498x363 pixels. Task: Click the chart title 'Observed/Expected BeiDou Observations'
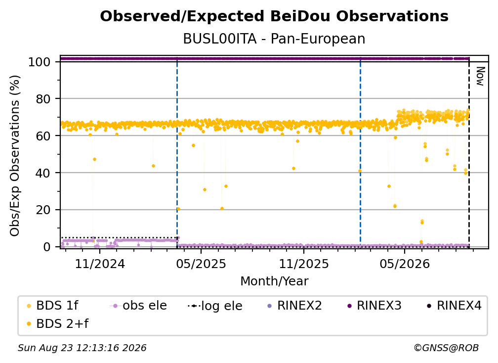tap(274, 16)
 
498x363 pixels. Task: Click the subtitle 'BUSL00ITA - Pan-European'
tap(274, 39)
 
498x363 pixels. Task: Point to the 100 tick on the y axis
tap(40, 62)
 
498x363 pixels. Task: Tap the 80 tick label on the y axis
tap(43, 99)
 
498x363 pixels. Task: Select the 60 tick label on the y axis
tap(43, 136)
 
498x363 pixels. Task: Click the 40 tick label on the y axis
tap(43, 173)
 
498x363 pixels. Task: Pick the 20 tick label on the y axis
tap(43, 210)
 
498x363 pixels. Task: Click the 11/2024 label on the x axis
tap(100, 264)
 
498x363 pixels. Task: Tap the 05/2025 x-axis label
tap(201, 264)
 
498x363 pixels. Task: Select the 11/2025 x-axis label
tap(304, 264)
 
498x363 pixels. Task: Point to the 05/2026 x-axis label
tap(405, 264)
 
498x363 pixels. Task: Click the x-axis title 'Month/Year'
tap(274, 281)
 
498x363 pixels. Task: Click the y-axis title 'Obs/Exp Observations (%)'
tap(15, 156)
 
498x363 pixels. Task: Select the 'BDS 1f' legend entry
tap(52, 306)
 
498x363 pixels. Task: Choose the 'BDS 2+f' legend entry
tap(57, 323)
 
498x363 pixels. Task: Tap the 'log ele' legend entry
tap(215, 306)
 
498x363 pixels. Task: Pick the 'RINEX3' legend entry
tap(374, 306)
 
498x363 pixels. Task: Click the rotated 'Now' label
tap(480, 76)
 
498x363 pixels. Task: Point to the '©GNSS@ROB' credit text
tap(446, 348)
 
